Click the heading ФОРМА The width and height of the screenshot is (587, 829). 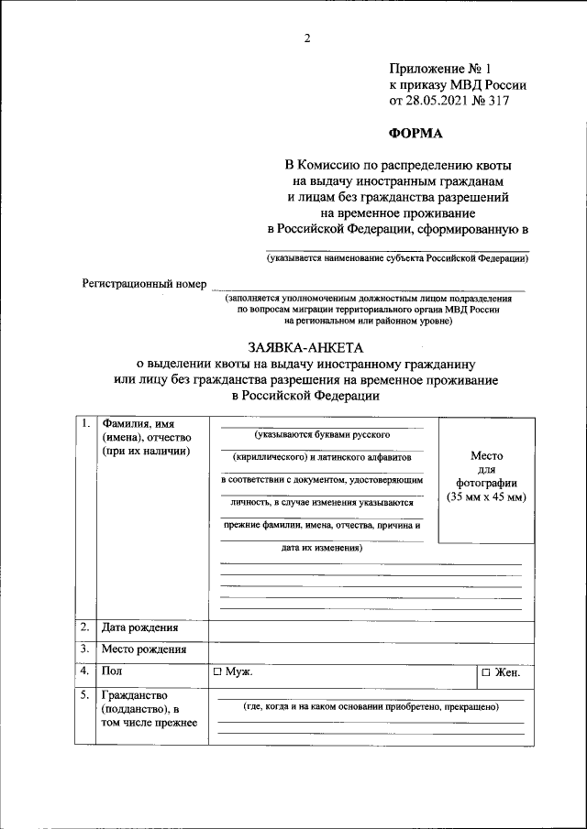[x=415, y=133]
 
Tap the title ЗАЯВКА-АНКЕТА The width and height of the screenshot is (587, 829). [x=306, y=348]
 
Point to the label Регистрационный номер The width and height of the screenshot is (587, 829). [x=144, y=284]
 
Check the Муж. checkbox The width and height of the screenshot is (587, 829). [x=218, y=672]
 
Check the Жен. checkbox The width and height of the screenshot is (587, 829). [x=486, y=673]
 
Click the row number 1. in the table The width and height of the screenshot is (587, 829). [x=84, y=423]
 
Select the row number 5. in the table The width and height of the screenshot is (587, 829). [x=84, y=695]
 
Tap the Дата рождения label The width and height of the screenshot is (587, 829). [x=140, y=628]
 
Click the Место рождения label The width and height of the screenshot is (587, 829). [x=144, y=650]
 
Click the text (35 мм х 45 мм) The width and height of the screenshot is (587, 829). [x=486, y=496]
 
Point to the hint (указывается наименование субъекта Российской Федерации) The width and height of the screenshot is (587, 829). [x=397, y=259]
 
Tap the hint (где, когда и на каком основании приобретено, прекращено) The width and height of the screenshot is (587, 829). [x=371, y=708]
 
